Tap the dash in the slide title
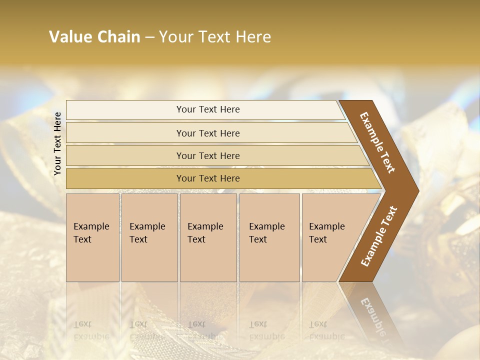[x=149, y=37]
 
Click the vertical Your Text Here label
[x=57, y=143]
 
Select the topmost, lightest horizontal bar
[x=208, y=109]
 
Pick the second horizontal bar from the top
[x=208, y=133]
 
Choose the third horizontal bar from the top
[x=208, y=155]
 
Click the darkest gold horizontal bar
[x=208, y=178]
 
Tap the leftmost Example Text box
[x=92, y=237]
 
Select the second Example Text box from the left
[x=149, y=237]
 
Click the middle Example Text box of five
[x=208, y=237]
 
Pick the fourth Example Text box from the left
[x=269, y=237]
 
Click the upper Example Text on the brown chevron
[x=377, y=142]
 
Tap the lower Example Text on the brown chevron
[x=379, y=236]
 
